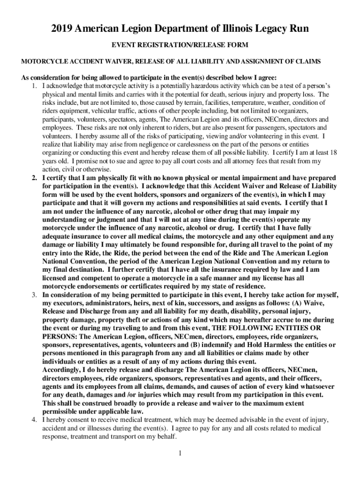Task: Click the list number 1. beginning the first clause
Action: [34, 86]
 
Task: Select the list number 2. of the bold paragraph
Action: [34, 178]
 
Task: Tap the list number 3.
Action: [34, 295]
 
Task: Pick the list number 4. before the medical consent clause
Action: [34, 420]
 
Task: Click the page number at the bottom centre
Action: [180, 453]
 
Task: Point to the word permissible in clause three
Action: [62, 411]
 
